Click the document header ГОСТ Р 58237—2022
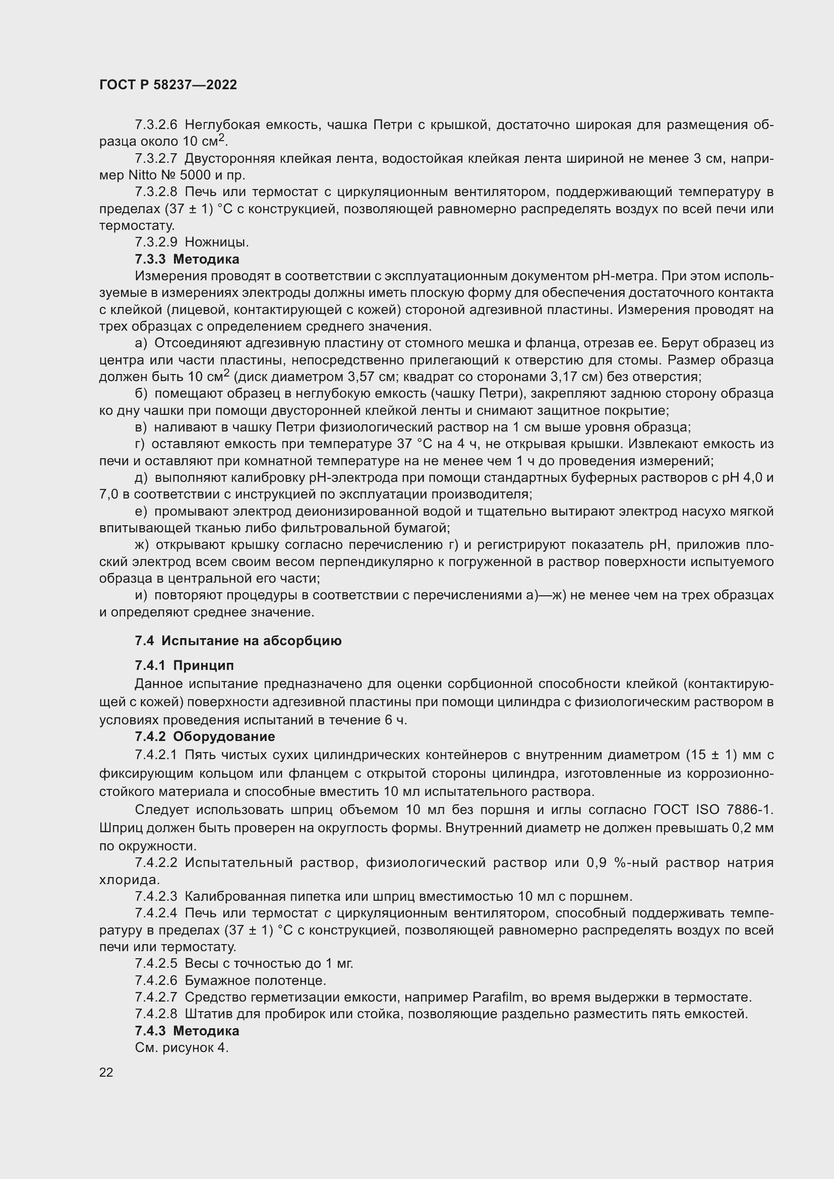[x=168, y=85]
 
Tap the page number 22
[x=106, y=1072]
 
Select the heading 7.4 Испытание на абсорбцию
[x=238, y=640]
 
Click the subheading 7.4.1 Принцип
[x=185, y=665]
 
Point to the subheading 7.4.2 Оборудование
[x=205, y=736]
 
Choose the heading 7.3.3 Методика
[x=187, y=259]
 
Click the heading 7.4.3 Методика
[x=187, y=1031]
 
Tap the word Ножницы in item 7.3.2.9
[x=216, y=242]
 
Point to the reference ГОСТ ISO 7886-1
[x=713, y=810]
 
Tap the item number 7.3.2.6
[x=156, y=125]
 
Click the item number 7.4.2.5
[x=156, y=963]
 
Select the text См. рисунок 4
[x=182, y=1047]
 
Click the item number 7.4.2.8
[x=156, y=1014]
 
